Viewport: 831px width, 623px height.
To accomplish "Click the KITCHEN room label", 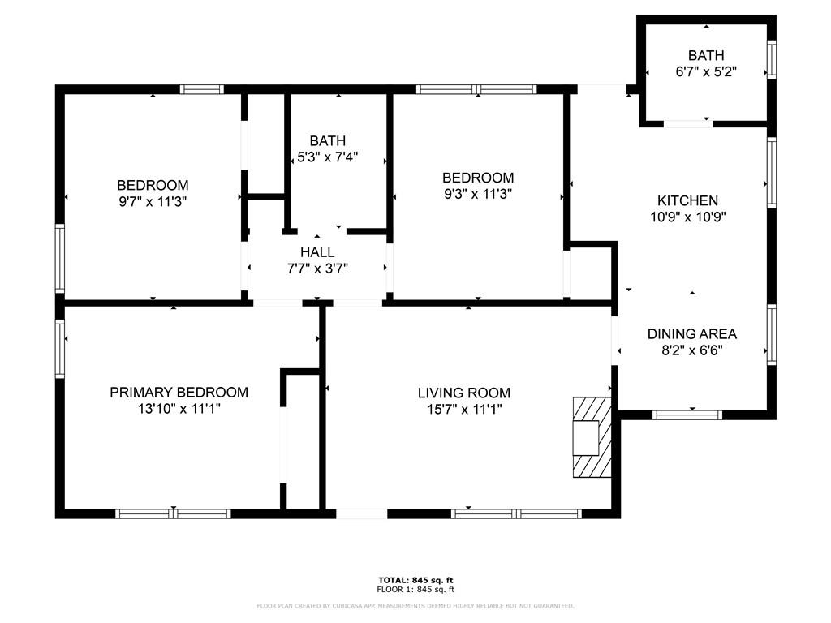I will tap(687, 200).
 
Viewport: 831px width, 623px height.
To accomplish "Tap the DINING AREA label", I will tap(691, 333).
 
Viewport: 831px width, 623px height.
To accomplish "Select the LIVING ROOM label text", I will tap(464, 393).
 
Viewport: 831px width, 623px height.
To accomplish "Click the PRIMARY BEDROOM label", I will tap(179, 393).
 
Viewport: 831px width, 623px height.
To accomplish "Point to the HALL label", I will tap(316, 252).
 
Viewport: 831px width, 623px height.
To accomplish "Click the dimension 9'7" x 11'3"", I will tap(153, 201).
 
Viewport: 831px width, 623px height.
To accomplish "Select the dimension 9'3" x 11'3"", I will tap(477, 194).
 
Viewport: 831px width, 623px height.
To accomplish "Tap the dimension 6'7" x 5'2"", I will tap(705, 71).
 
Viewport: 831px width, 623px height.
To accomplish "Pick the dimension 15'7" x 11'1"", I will tap(464, 410).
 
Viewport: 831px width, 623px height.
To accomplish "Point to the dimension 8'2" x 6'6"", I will tap(691, 350).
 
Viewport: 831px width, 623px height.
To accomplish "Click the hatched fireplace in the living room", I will tap(591, 437).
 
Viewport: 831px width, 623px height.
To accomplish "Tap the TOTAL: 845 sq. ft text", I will tap(415, 580).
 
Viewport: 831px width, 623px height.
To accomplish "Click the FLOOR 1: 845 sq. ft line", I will tap(415, 590).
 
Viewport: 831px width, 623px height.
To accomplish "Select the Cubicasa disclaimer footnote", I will tap(415, 606).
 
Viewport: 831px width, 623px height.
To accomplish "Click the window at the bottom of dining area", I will tap(687, 415).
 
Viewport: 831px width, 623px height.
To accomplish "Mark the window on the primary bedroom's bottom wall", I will tap(173, 513).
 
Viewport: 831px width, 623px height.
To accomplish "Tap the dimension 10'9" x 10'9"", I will tap(687, 217).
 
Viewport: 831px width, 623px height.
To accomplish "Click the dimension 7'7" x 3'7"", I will tap(316, 269).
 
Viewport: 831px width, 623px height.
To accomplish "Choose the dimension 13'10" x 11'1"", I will tap(179, 410).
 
